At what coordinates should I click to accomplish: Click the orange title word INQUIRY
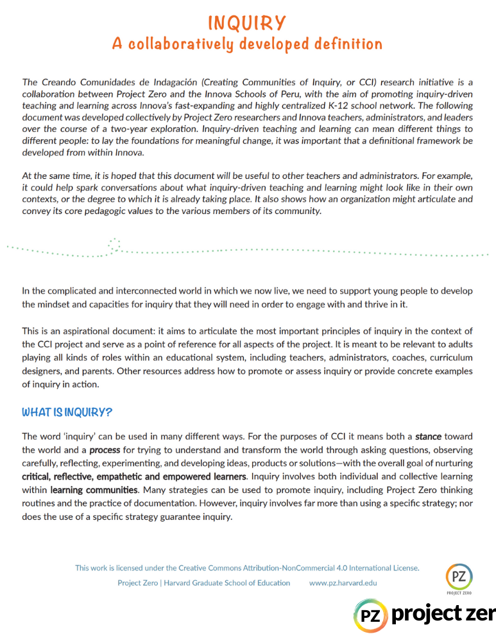point(247,23)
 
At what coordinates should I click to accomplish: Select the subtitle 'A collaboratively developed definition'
point(247,44)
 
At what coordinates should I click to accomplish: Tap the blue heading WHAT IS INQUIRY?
point(67,412)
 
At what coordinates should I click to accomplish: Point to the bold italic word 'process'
point(105,450)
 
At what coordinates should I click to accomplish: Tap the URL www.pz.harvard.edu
point(343,583)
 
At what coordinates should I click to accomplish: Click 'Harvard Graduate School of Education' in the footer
point(228,583)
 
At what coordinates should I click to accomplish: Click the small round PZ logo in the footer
point(459,576)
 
